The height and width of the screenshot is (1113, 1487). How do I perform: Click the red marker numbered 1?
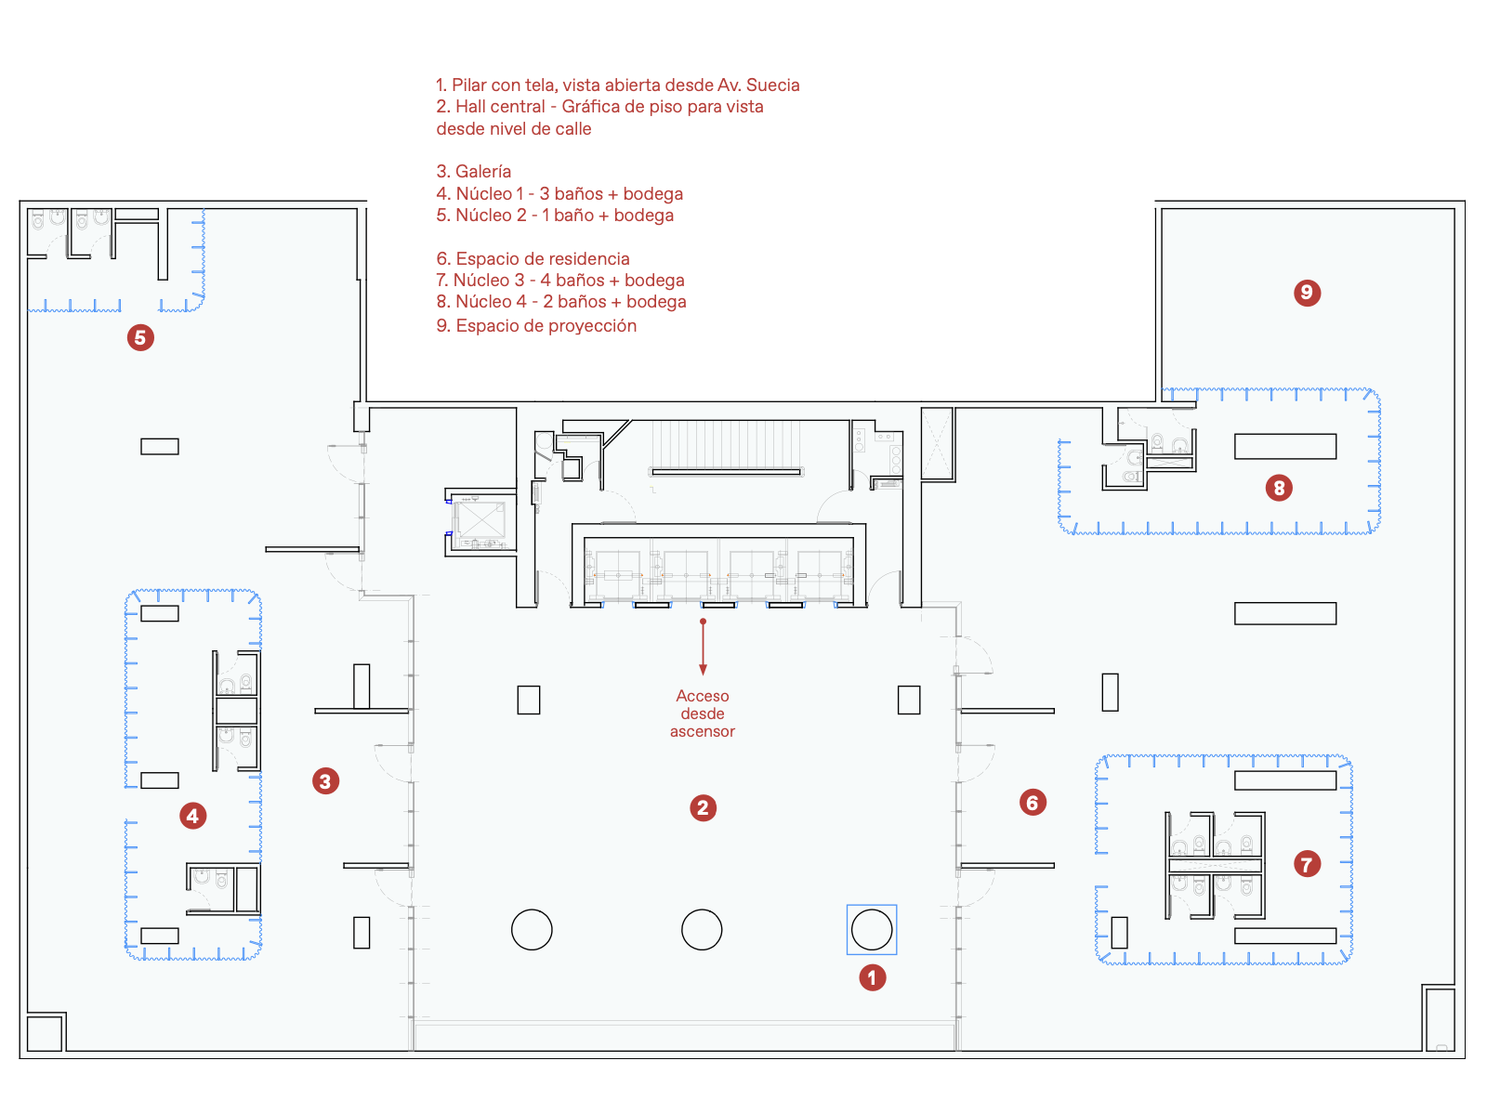[x=872, y=977]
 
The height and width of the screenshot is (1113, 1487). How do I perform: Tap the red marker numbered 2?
[x=703, y=807]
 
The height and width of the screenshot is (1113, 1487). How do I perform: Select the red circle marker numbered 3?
[x=325, y=781]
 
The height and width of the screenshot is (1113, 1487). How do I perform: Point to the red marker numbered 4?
[x=192, y=816]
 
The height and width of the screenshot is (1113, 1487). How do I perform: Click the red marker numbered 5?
[x=140, y=337]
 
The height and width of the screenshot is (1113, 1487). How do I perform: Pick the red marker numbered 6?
[x=1033, y=803]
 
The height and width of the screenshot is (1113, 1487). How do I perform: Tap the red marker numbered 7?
[x=1307, y=864]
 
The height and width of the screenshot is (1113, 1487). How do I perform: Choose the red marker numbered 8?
[x=1279, y=488]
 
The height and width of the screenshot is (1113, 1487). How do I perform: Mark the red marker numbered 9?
[x=1307, y=293]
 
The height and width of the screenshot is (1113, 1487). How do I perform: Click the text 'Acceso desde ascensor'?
[x=703, y=714]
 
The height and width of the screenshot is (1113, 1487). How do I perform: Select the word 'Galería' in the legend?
[x=483, y=171]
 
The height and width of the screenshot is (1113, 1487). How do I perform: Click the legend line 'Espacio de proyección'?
[x=536, y=326]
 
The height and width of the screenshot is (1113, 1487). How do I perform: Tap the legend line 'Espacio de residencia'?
[x=533, y=258]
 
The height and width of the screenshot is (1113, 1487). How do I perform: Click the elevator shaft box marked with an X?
[x=481, y=519]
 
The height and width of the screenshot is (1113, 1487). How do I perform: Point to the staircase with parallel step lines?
[x=726, y=447]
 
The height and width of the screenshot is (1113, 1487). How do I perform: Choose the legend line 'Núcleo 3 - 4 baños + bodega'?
[x=560, y=281]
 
